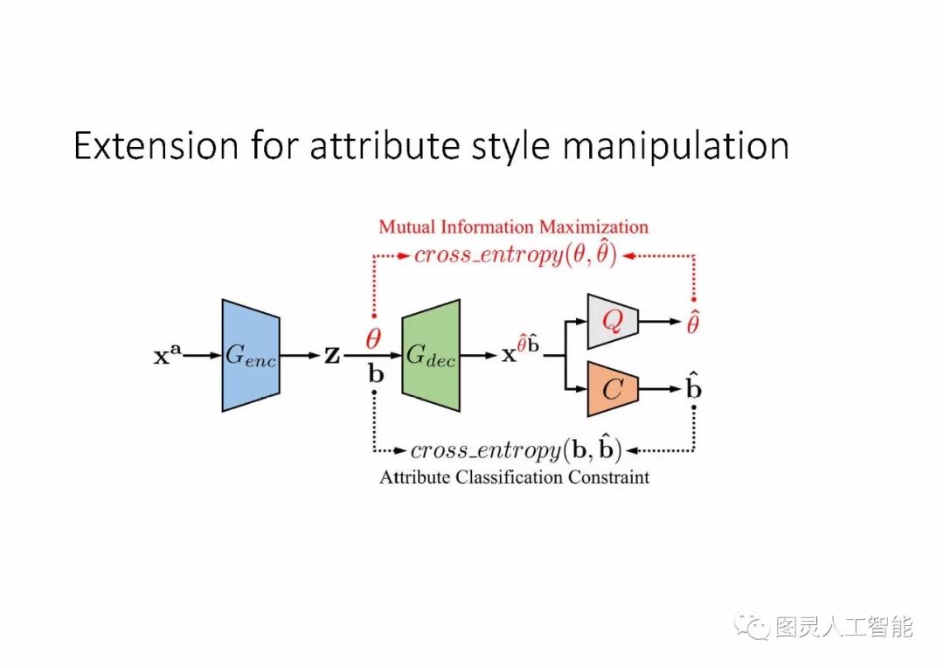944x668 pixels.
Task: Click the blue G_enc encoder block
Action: pyautogui.click(x=251, y=355)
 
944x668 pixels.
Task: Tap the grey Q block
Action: pyautogui.click(x=614, y=323)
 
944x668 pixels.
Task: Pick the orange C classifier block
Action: pyautogui.click(x=614, y=388)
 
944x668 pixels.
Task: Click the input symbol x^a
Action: pyautogui.click(x=168, y=357)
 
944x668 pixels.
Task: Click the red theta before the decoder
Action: pyautogui.click(x=373, y=339)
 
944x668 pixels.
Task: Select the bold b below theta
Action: pyautogui.click(x=375, y=374)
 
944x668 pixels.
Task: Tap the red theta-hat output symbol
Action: pyautogui.click(x=693, y=323)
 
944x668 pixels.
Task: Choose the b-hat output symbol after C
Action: pyautogui.click(x=693, y=388)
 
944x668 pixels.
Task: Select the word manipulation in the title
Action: pyautogui.click(x=676, y=145)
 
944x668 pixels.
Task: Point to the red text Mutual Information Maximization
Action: pyautogui.click(x=513, y=227)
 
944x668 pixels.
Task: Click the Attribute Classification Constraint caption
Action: pyautogui.click(x=514, y=477)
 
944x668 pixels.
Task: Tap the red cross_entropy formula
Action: pyautogui.click(x=516, y=255)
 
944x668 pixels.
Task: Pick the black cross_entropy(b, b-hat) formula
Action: pyautogui.click(x=516, y=450)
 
